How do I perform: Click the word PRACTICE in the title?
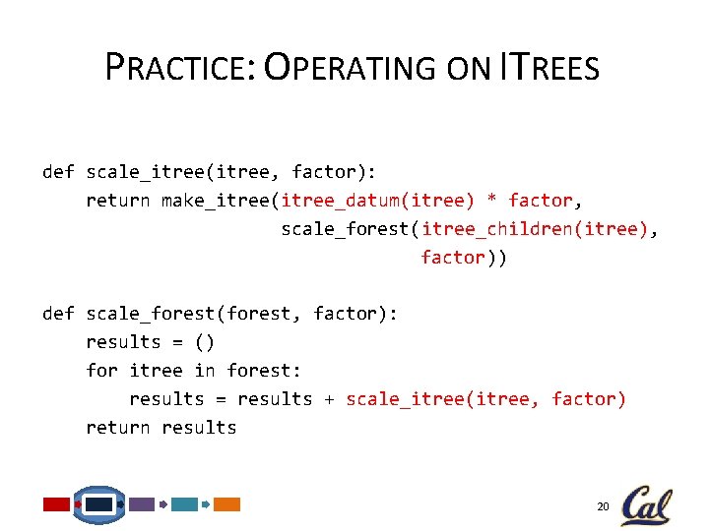point(179,68)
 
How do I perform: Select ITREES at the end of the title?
point(549,68)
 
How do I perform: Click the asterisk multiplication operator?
point(492,201)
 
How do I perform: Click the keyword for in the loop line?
point(102,371)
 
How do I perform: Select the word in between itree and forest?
point(205,371)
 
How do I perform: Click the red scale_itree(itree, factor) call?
point(485,399)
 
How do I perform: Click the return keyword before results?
point(118,428)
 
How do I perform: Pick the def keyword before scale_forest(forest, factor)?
point(58,314)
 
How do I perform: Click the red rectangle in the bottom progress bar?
point(56,504)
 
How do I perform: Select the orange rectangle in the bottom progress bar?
point(227,504)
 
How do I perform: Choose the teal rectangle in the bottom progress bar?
point(184,504)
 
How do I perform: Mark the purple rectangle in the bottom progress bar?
point(142,504)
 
